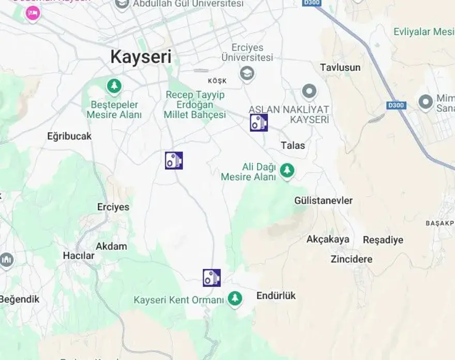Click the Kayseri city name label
pos(141,57)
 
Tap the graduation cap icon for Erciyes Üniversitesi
pos(247,73)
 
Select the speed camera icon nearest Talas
pos(259,123)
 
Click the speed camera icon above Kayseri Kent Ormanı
pos(211,278)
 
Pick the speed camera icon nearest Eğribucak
pos(174,160)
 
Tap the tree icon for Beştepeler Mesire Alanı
pos(114,86)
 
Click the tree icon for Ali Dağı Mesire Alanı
pos(287,170)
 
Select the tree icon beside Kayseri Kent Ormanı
pos(235,298)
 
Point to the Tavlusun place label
pos(340,67)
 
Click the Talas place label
pos(293,145)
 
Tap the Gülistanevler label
pos(323,200)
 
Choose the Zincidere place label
pos(351,259)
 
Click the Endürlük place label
pos(276,295)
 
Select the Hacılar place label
pos(79,256)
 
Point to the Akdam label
pos(111,246)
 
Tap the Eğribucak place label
pos(69,136)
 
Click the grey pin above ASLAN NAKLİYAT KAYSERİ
pos(309,92)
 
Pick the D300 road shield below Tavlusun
pos(396,106)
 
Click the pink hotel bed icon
pos(33,13)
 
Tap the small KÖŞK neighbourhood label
pos(217,81)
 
